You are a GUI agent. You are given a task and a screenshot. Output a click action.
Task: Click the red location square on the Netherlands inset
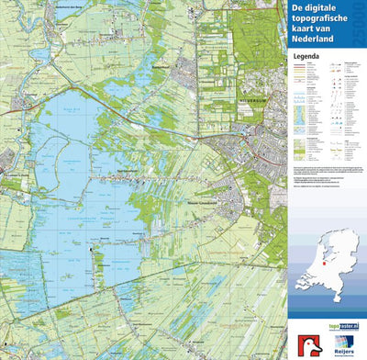(x=323, y=259)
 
